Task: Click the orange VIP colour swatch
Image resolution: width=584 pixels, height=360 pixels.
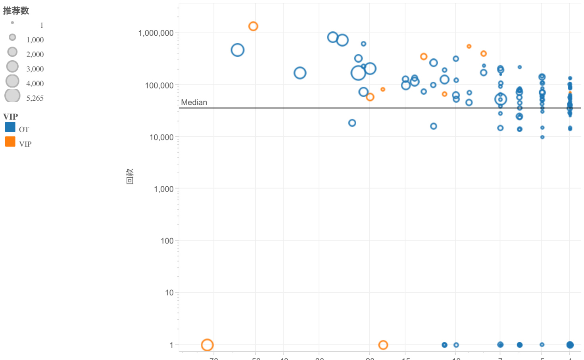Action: [10, 142]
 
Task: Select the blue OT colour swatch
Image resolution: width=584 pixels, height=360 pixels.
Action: [10, 127]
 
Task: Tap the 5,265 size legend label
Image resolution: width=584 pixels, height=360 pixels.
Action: [35, 98]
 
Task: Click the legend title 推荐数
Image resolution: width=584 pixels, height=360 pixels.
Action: [16, 11]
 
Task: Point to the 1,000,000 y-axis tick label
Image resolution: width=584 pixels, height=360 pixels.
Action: [156, 33]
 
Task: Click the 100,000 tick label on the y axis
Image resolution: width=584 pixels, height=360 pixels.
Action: [159, 85]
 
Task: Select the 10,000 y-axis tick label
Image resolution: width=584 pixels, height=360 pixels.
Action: [161, 137]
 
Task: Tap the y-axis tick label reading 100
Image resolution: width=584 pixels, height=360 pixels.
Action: [167, 241]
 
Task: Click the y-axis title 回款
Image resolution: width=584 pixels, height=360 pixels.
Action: [130, 176]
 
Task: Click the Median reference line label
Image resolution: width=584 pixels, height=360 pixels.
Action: [194, 102]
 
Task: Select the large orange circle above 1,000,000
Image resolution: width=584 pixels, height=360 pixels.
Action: [253, 26]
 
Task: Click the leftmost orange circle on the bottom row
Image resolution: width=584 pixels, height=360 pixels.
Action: [207, 345]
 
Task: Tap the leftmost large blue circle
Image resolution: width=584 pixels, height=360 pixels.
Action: [237, 50]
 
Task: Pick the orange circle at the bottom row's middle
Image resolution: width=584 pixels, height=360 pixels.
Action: [383, 345]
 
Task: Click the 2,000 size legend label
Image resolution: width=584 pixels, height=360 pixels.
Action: [35, 54]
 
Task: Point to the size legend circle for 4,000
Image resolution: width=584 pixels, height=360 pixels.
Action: [12, 81]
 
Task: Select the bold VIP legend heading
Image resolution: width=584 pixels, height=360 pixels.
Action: [10, 117]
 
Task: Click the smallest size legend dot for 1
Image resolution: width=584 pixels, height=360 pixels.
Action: [12, 23]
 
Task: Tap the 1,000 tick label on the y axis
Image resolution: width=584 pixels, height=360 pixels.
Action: [164, 189]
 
